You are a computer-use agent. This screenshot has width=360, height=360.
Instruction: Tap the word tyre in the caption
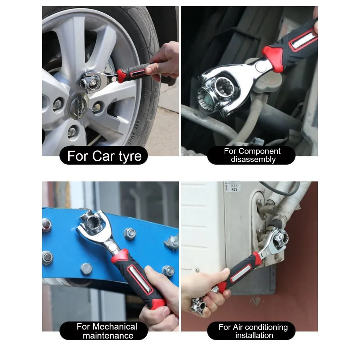click(130, 156)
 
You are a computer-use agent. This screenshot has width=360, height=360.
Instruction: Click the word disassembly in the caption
click(253, 159)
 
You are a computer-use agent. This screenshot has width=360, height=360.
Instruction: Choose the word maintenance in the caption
click(108, 336)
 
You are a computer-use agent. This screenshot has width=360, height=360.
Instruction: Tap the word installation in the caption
click(254, 335)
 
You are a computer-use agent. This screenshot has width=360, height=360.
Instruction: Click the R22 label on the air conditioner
click(234, 189)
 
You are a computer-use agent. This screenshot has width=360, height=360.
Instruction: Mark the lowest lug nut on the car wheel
click(73, 132)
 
